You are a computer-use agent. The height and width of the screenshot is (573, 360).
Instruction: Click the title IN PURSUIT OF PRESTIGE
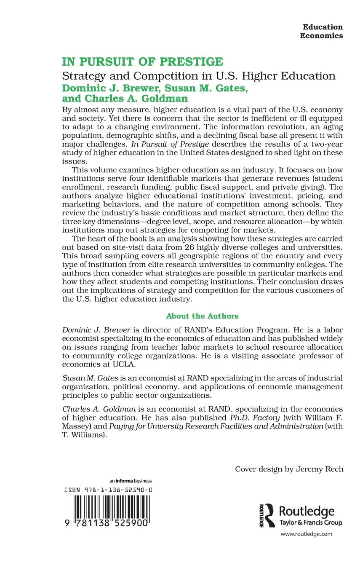pos(143,62)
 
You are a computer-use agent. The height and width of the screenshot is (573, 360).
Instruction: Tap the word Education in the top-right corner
pos(323,27)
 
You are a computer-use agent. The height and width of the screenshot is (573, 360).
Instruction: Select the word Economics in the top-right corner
pos(321,36)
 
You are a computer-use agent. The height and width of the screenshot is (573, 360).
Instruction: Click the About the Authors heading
pos(202,316)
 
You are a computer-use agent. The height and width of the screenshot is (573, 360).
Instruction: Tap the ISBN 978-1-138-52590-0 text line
pos(108,490)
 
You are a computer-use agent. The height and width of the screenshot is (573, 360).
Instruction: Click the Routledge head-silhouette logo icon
pos(268,515)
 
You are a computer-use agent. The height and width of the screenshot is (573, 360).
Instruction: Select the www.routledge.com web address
pos(306,534)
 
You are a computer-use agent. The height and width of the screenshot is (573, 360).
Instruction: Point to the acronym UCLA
pos(112,364)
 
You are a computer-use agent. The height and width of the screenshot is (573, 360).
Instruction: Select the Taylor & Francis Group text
pos(311,523)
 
